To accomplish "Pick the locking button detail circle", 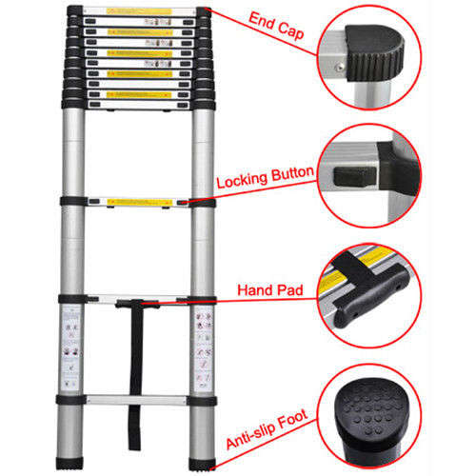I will click(371, 179).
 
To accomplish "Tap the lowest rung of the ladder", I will click(140, 395).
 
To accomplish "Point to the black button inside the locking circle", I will click(353, 175).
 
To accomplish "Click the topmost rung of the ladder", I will click(140, 11).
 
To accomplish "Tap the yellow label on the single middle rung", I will click(140, 202).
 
